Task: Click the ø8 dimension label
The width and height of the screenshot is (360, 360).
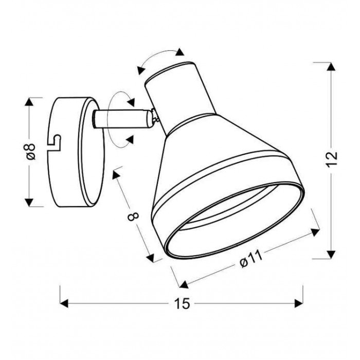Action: (31, 152)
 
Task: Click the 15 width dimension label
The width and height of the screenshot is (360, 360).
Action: (182, 304)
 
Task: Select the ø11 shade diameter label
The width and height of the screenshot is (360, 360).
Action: (251, 259)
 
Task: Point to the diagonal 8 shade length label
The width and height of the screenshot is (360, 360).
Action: (133, 217)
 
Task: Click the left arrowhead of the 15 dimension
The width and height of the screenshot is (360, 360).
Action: (64, 303)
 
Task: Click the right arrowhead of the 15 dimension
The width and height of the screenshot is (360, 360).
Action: (299, 303)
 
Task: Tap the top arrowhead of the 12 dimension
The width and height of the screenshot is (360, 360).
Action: (331, 66)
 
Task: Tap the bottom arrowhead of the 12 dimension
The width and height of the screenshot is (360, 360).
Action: (331, 255)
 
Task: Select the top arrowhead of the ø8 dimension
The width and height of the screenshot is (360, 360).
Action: (29, 102)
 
